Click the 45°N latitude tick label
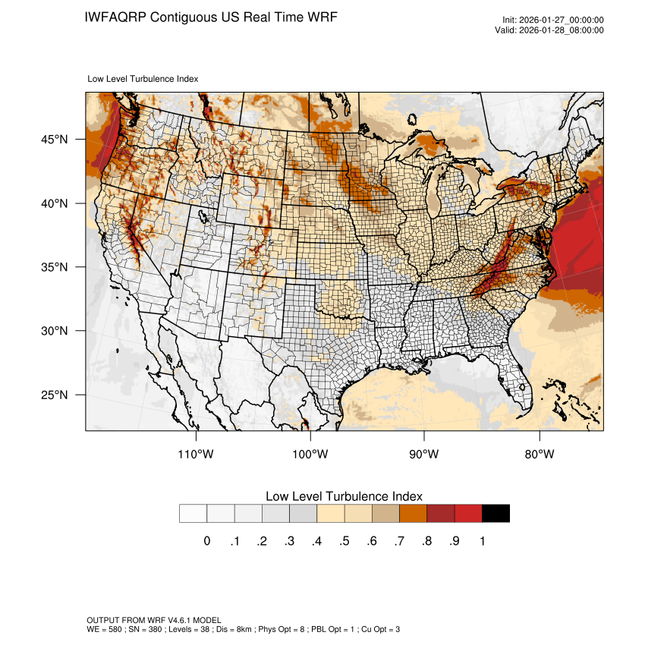55,140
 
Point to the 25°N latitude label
55,395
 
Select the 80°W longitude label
539,455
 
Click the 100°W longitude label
310,455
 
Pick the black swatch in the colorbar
496,514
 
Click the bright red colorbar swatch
468,514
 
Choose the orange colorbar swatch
413,514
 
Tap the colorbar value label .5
345,541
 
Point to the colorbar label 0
206,541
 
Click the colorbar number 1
482,541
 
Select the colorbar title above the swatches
344,496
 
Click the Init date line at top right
553,20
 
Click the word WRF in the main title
322,16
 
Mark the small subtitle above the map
143,78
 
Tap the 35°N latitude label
55,267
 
